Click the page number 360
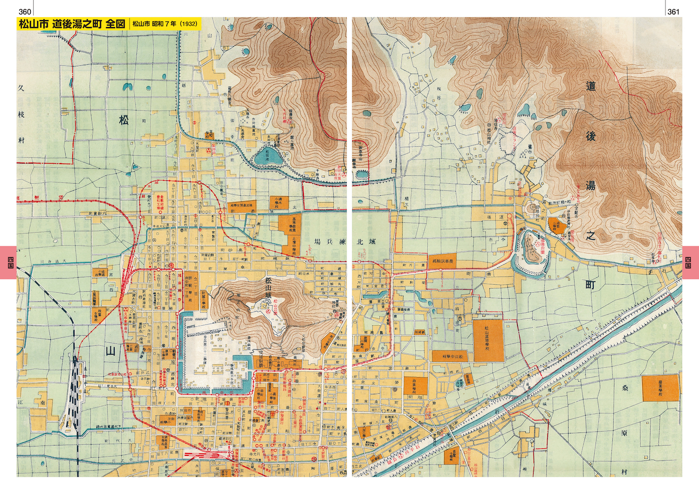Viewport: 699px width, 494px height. click(x=25, y=12)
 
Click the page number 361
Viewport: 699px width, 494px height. click(x=673, y=12)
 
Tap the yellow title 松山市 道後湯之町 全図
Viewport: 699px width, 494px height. click(x=72, y=24)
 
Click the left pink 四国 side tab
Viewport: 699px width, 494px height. click(x=8, y=262)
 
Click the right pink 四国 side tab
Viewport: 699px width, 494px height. click(x=690, y=262)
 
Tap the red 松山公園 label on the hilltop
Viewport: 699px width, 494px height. click(x=275, y=308)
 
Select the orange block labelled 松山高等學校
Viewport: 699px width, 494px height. click(x=488, y=340)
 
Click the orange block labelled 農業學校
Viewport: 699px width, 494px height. click(x=660, y=388)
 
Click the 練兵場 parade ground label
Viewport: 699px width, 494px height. click(x=330, y=241)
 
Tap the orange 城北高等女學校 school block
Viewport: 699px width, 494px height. click(x=242, y=206)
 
